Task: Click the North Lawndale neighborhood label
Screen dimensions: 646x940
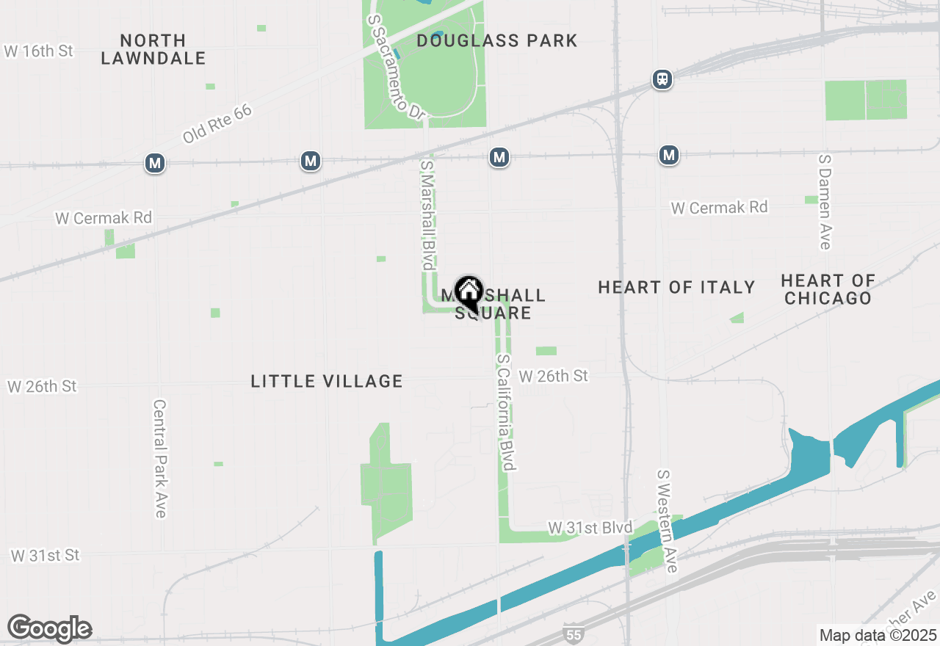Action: (153, 49)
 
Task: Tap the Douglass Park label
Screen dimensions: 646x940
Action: (497, 40)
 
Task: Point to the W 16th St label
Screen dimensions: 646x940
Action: (39, 51)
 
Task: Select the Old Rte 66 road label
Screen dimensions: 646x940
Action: (217, 123)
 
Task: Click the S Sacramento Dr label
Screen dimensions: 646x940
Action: (397, 67)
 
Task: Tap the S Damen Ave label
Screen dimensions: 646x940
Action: (825, 201)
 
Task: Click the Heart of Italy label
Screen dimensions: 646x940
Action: (676, 287)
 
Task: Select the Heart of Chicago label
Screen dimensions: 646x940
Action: (828, 289)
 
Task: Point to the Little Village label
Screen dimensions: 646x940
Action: (327, 381)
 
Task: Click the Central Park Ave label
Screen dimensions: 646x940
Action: (159, 458)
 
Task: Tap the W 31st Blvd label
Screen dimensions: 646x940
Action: (590, 528)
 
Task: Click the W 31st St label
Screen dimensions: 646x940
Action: (45, 555)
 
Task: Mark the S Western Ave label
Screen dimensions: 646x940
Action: (667, 521)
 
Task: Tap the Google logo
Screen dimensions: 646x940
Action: (49, 628)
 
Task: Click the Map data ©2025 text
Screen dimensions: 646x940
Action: (878, 635)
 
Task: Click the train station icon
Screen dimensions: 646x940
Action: (662, 79)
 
